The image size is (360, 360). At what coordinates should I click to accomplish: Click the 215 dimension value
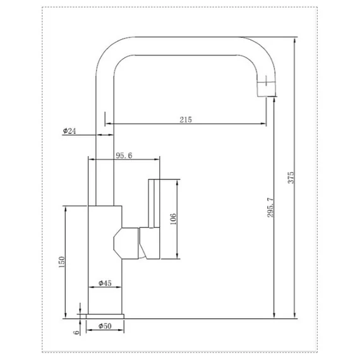coord(186,119)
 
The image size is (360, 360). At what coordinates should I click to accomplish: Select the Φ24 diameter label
coord(69,131)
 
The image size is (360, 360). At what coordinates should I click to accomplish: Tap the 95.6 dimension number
coord(124,155)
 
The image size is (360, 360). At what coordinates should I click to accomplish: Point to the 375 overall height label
coord(291,177)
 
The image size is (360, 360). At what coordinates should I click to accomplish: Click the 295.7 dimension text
coord(270,207)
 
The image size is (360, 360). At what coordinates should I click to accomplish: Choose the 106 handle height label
coord(173,219)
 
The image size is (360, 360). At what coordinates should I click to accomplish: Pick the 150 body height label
coord(62,262)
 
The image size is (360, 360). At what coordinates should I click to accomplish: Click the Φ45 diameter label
coord(105,283)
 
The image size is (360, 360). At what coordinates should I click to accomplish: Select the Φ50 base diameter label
coord(105,326)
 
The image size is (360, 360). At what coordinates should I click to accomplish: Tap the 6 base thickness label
coord(77,332)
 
